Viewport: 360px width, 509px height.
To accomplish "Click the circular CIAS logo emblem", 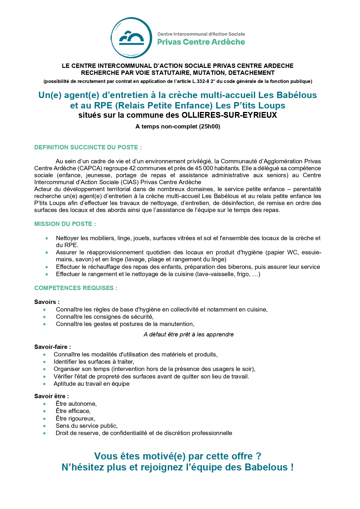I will click(x=131, y=38).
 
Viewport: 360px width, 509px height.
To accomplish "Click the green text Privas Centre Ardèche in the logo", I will click(x=201, y=42).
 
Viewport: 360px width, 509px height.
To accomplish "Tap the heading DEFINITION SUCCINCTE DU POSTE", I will click(x=88, y=147).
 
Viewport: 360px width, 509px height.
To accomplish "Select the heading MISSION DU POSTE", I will click(x=65, y=224).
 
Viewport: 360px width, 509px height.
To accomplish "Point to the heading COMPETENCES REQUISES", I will click(x=76, y=288).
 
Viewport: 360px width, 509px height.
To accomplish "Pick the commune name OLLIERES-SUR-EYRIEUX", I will click(x=229, y=115).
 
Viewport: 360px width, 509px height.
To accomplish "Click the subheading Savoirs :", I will click(x=47, y=302).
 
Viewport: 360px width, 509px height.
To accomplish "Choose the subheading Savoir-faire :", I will click(x=53, y=347).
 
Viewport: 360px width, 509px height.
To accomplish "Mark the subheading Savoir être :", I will click(x=51, y=396).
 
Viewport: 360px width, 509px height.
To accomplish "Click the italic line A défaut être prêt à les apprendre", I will click(x=189, y=334).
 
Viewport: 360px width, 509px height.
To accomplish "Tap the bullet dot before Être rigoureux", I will click(x=44, y=419).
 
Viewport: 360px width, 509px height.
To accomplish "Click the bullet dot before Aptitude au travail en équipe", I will click(x=44, y=384).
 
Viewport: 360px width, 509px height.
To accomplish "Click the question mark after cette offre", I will click(x=258, y=456).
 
